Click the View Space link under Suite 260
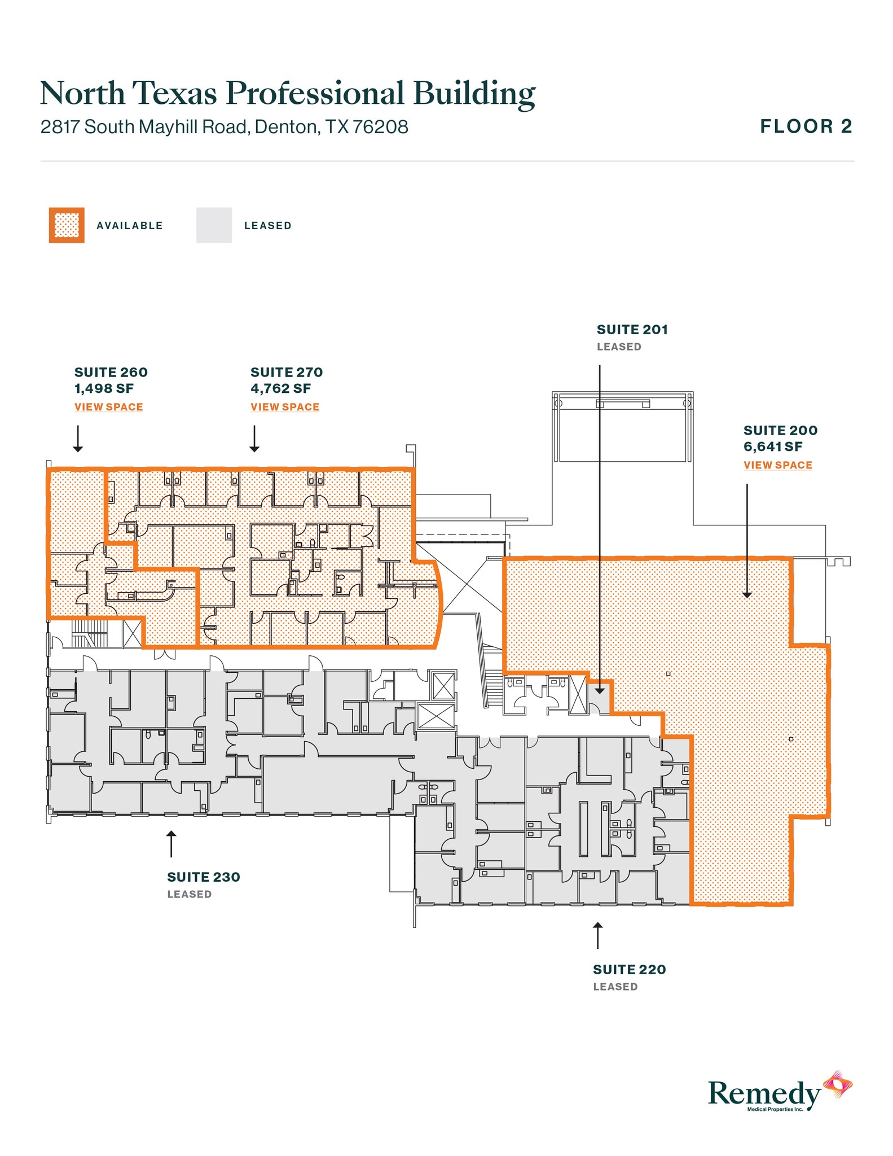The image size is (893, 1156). tap(108, 407)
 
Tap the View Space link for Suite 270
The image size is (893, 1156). tap(285, 407)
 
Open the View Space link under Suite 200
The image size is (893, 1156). tap(777, 465)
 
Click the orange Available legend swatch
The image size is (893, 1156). tap(67, 225)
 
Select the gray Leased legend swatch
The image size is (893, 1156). tap(214, 225)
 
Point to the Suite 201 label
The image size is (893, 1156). tap(632, 330)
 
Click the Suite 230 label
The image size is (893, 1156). tap(204, 877)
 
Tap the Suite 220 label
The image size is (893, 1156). tap(629, 970)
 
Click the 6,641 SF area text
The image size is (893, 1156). tap(772, 447)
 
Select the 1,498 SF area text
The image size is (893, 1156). tap(104, 388)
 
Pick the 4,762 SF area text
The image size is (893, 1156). tap(280, 388)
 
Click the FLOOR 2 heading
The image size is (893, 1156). tap(806, 126)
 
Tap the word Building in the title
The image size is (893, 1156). tap(474, 94)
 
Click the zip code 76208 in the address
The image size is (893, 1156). tap(380, 127)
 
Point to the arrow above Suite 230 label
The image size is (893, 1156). tap(171, 843)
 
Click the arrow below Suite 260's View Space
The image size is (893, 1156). tap(78, 439)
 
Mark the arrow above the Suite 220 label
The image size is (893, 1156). tap(597, 935)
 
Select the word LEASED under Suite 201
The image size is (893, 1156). tap(619, 347)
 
